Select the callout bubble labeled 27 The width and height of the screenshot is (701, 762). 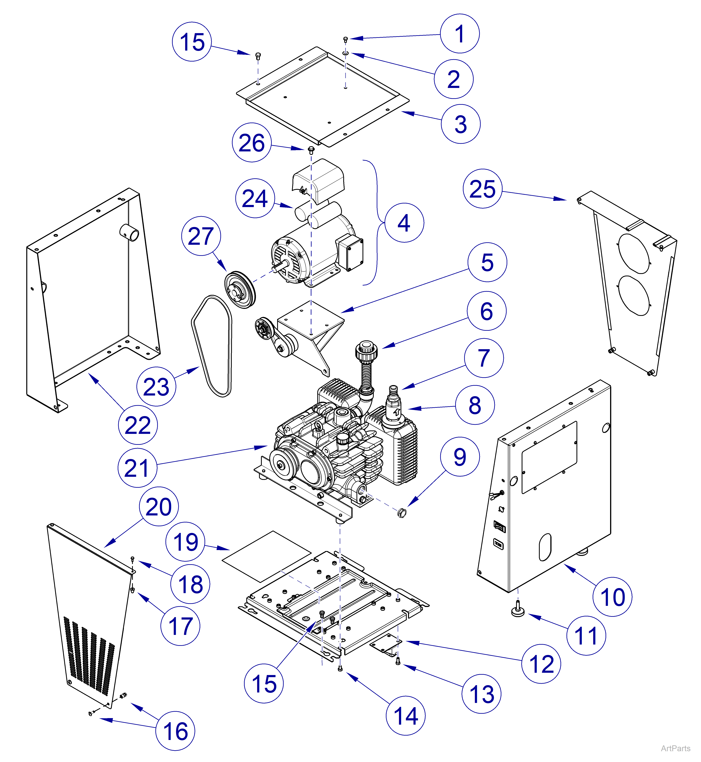tap(201, 236)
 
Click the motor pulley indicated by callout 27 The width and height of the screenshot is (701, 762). tap(240, 289)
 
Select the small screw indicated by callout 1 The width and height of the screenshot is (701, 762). tap(345, 39)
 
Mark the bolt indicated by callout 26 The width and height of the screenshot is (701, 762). tap(311, 149)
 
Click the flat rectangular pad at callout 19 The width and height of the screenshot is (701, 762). tap(266, 556)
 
